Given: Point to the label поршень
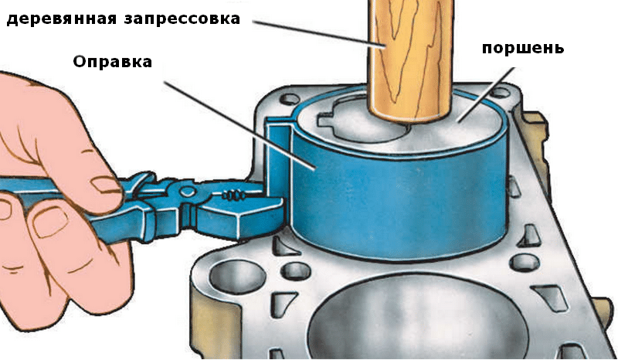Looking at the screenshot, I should tap(523, 48).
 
